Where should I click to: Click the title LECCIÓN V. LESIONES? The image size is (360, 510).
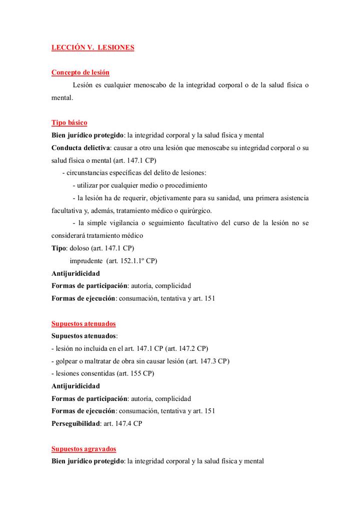pyautogui.click(x=93, y=48)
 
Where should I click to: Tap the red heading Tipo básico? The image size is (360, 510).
pyautogui.click(x=69, y=123)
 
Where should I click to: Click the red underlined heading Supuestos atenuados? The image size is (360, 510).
pyautogui.click(x=83, y=324)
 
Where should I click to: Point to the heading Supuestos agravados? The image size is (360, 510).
pyautogui.click(x=83, y=449)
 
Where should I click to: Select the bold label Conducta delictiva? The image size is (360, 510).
pyautogui.click(x=80, y=148)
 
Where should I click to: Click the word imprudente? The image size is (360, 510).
pyautogui.click(x=85, y=261)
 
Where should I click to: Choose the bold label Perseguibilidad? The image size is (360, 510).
pyautogui.click(x=74, y=423)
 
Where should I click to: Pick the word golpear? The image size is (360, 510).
pyautogui.click(x=67, y=361)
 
